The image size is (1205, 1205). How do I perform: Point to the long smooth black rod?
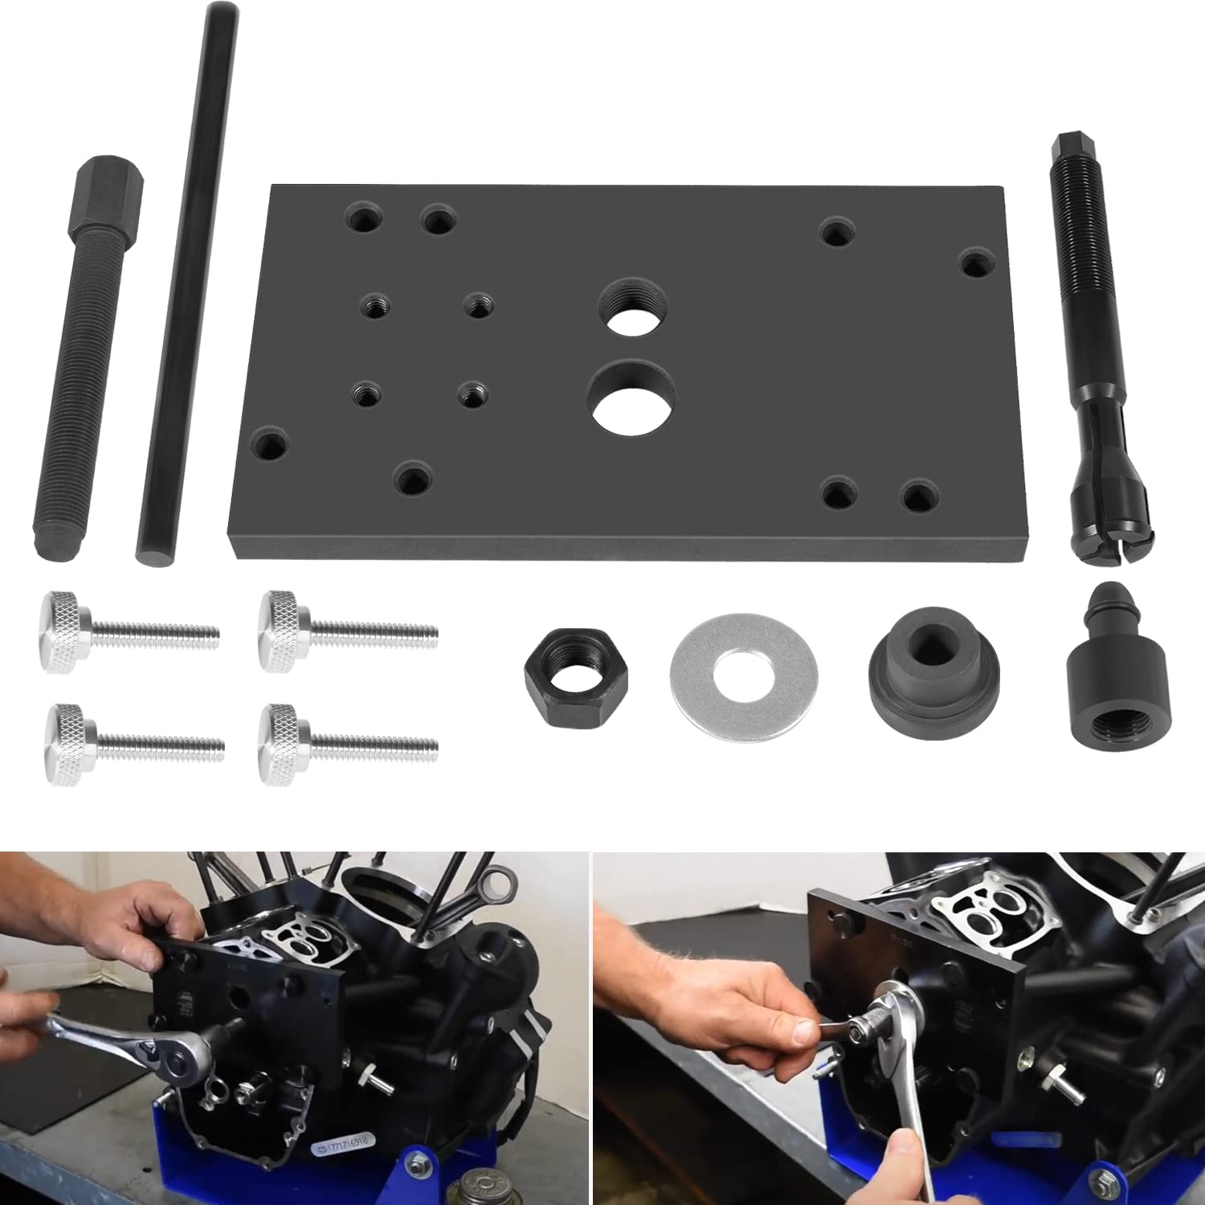pyautogui.click(x=187, y=281)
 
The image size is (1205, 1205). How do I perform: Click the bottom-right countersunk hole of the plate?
pyautogui.click(x=917, y=495)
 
